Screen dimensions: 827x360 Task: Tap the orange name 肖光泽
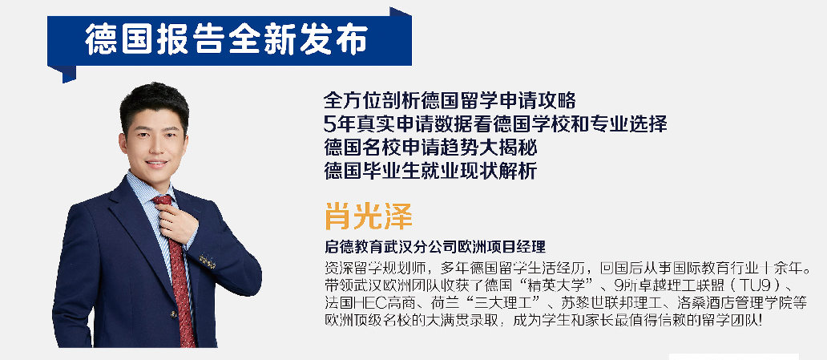click(x=368, y=215)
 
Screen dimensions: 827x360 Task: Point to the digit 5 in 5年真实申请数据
click(x=330, y=124)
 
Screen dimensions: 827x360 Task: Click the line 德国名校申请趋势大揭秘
click(x=430, y=148)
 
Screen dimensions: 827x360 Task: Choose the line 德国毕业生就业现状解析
click(x=430, y=171)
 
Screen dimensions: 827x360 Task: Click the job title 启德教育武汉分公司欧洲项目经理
click(x=435, y=246)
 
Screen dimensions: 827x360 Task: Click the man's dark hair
click(x=154, y=102)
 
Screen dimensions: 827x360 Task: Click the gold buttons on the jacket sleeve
click(x=208, y=261)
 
